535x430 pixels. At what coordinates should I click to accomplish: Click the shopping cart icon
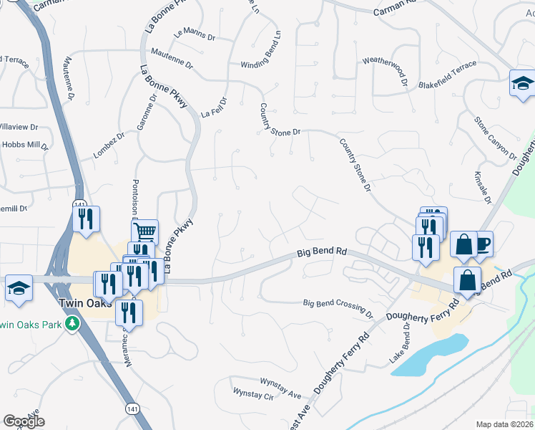click(145, 231)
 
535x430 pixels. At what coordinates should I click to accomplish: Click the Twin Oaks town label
click(29, 303)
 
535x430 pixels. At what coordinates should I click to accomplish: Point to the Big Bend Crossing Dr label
click(338, 308)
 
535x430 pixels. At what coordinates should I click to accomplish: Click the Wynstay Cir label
click(254, 395)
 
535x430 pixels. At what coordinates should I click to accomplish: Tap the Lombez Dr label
click(109, 145)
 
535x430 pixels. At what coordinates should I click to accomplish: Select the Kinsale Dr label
click(485, 188)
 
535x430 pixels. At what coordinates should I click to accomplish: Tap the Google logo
click(24, 421)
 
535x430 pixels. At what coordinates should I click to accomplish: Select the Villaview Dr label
click(18, 127)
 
